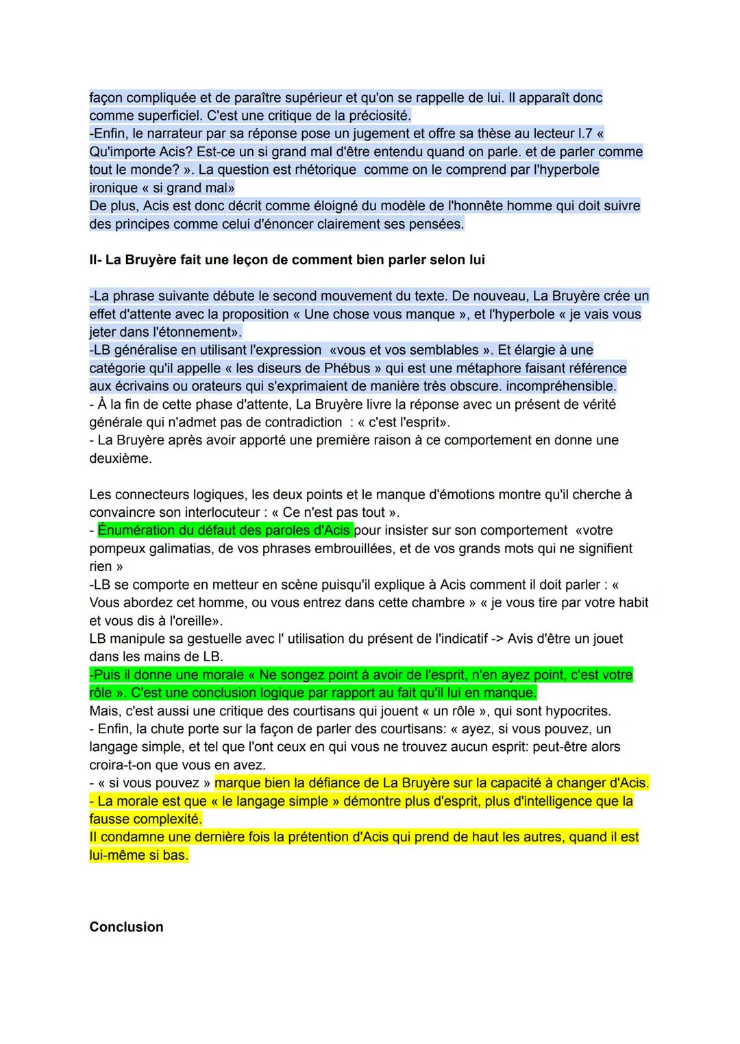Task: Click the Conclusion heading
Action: point(126,927)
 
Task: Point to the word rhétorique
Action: point(322,170)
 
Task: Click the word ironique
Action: point(113,188)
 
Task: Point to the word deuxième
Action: point(120,458)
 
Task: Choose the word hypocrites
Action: point(577,711)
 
